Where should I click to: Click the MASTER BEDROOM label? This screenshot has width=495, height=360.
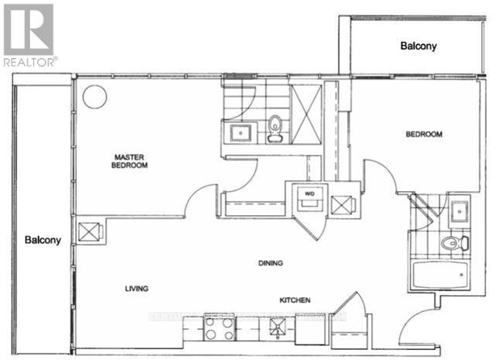129,160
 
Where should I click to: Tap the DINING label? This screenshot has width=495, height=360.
271,263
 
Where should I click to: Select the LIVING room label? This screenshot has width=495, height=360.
136,288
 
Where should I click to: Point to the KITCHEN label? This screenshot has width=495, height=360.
295,300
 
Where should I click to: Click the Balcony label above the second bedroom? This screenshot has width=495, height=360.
418,46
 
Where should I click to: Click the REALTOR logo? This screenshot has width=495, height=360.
29,34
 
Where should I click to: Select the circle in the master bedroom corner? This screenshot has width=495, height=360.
94,96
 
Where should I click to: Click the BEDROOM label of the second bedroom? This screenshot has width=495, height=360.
424,135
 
